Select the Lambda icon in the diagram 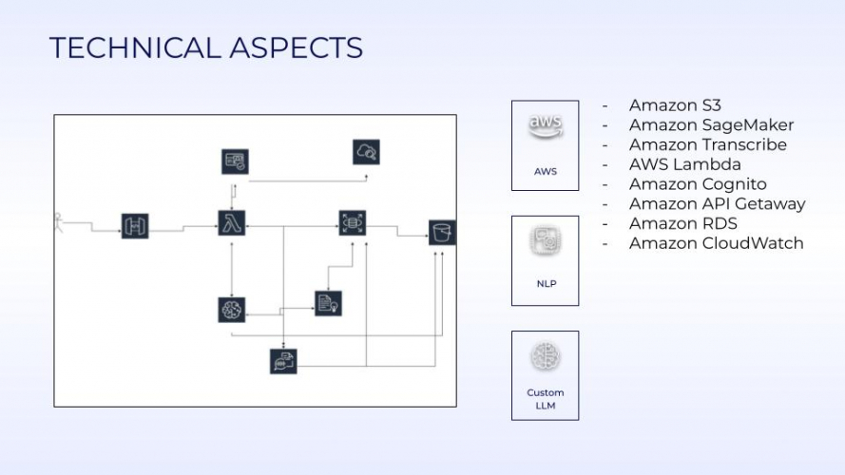232,224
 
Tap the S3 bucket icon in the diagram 441,232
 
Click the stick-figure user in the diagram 59,222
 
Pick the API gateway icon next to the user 135,226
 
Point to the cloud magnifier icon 366,151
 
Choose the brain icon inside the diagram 232,309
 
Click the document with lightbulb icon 328,302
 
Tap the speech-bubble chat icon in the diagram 283,361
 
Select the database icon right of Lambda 353,223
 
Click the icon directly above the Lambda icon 234,161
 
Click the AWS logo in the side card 545,127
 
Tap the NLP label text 545,283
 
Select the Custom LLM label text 545,399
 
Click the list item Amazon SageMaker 711,125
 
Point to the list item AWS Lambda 684,164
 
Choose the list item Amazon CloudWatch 716,243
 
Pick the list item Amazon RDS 682,223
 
